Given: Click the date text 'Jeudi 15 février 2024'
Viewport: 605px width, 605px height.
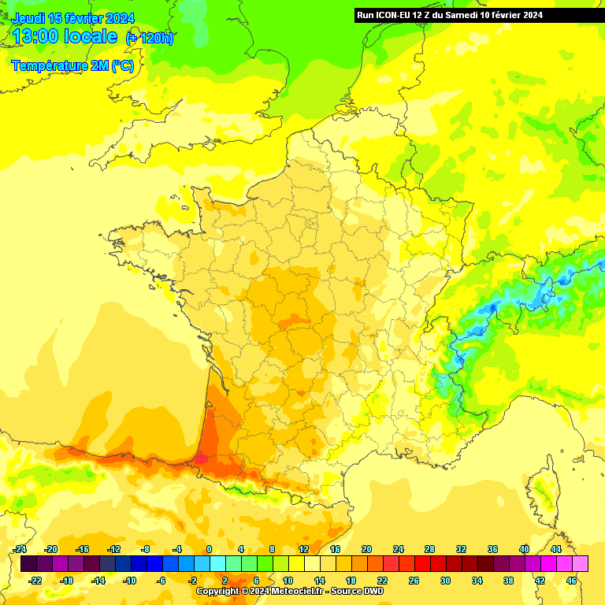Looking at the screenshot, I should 73,18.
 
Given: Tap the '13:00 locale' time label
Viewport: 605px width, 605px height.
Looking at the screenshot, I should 65,37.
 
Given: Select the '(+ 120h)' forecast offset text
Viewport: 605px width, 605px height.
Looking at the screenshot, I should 150,38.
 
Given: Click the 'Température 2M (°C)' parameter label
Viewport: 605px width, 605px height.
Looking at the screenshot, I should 72,66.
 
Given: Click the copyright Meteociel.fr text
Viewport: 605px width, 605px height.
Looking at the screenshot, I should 289,591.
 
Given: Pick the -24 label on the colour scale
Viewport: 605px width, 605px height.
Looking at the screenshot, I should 20,549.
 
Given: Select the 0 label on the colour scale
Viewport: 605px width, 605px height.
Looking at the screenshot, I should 209,549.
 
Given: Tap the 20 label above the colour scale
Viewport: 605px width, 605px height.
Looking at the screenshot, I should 366,549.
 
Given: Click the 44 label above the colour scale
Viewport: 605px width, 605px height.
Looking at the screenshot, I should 555,549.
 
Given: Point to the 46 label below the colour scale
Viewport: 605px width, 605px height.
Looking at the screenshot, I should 571,581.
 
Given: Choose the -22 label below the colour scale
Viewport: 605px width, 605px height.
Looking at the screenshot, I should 35,581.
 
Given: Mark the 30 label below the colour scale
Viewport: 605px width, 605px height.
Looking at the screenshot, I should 445,581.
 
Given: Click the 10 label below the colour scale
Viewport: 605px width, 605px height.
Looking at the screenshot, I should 288,581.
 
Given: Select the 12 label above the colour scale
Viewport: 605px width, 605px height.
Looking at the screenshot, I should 303,549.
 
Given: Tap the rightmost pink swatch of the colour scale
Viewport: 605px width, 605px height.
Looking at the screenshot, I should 581,563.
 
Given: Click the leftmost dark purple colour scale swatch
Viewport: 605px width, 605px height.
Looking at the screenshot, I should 28,563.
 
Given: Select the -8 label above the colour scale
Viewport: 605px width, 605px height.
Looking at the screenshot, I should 146,549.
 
